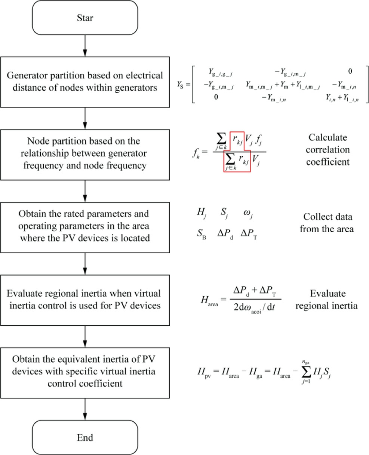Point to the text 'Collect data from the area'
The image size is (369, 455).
tap(326, 222)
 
